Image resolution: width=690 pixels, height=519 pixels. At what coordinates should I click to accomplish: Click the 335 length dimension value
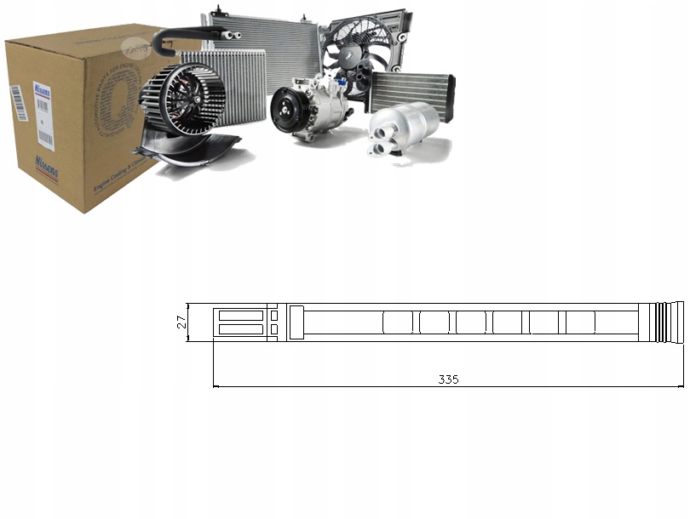pyautogui.click(x=449, y=379)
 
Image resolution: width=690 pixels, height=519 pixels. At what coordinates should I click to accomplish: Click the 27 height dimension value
pyautogui.click(x=181, y=322)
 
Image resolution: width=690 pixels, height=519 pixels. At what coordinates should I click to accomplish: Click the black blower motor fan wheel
pyautogui.click(x=182, y=99)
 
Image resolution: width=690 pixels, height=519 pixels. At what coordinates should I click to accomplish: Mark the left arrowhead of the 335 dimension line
pyautogui.click(x=216, y=387)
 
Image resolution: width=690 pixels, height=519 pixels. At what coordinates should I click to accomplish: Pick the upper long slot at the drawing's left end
pyautogui.click(x=241, y=315)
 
